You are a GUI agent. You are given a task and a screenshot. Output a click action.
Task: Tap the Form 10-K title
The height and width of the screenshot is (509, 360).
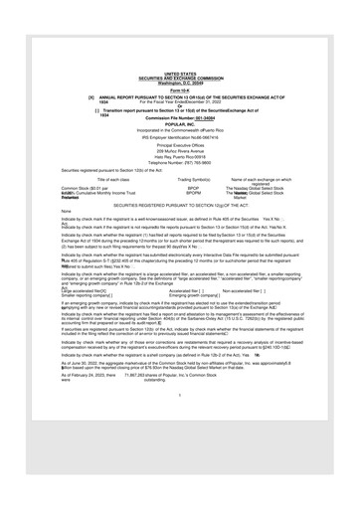[180, 89]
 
